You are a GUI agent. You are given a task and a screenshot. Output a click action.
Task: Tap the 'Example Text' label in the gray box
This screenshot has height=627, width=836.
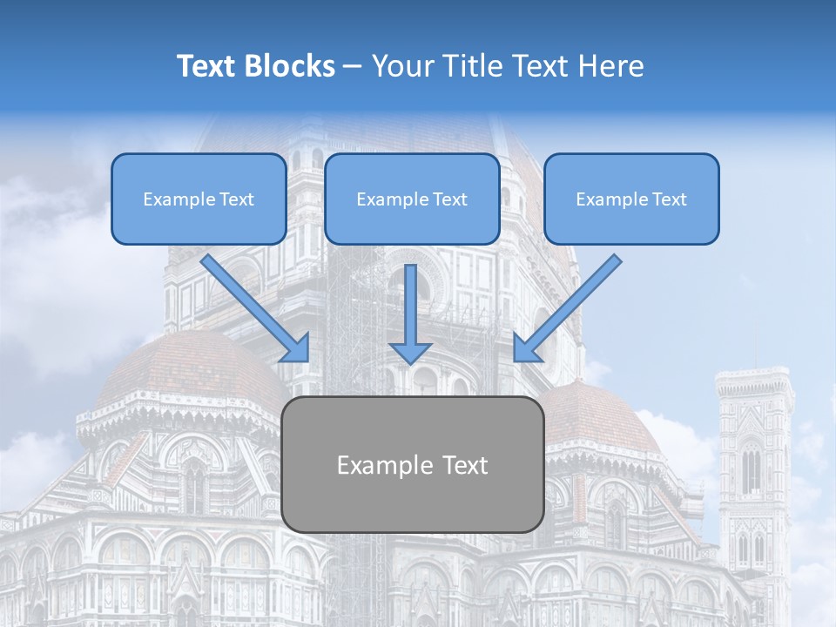[412, 465]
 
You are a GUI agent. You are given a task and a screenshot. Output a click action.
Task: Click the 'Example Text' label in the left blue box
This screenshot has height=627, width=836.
[199, 199]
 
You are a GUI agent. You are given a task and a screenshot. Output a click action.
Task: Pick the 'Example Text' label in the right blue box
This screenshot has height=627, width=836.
[631, 199]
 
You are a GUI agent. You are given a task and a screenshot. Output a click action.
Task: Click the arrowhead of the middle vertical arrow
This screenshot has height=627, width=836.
[410, 352]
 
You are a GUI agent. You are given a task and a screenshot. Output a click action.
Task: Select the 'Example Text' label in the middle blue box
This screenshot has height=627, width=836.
[411, 199]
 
